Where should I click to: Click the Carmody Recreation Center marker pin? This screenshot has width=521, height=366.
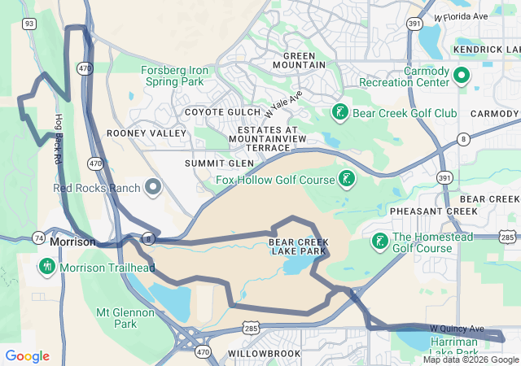coord(460,76)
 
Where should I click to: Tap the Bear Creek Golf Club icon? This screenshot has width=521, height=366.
coord(339,112)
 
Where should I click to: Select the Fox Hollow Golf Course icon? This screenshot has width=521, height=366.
coord(346,179)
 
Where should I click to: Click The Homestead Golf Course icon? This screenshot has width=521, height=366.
coord(379,242)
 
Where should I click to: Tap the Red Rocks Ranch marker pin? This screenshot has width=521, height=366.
coord(153,188)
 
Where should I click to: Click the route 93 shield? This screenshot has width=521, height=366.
coord(28,24)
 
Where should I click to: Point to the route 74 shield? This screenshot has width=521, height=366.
coord(39,237)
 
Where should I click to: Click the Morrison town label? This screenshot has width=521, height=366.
coord(72,242)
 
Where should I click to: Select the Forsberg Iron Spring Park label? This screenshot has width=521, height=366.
coord(176,76)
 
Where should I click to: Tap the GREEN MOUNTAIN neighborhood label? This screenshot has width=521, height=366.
coord(299,60)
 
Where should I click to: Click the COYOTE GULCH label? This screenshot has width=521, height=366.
coord(219,112)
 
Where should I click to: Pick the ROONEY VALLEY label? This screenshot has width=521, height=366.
coord(135,133)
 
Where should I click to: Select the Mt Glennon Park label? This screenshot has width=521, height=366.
coord(125,318)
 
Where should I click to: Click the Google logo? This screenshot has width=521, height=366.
coord(27,356)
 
